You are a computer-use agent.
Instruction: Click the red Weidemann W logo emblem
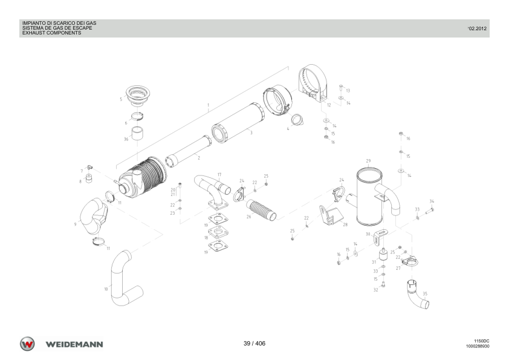(27, 344)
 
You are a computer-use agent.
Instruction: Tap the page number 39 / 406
(254, 344)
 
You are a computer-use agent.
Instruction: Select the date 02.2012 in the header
(477, 28)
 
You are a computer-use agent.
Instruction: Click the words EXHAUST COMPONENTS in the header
(51, 33)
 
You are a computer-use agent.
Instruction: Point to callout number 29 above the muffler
(368, 161)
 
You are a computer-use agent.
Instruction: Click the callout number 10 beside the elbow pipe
(106, 289)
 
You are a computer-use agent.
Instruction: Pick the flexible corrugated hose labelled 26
(261, 209)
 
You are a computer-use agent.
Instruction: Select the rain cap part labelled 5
(137, 96)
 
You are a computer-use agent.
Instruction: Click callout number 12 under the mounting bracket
(329, 105)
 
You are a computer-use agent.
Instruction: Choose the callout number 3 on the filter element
(251, 133)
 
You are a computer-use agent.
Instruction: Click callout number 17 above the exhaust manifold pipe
(219, 175)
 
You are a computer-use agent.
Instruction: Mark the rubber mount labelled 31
(384, 254)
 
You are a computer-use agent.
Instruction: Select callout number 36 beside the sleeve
(126, 139)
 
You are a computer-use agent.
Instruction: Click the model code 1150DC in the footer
(482, 341)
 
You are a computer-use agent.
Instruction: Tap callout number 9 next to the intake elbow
(76, 224)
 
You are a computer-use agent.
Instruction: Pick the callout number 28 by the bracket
(345, 224)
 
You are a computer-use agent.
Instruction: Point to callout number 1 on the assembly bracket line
(208, 105)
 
